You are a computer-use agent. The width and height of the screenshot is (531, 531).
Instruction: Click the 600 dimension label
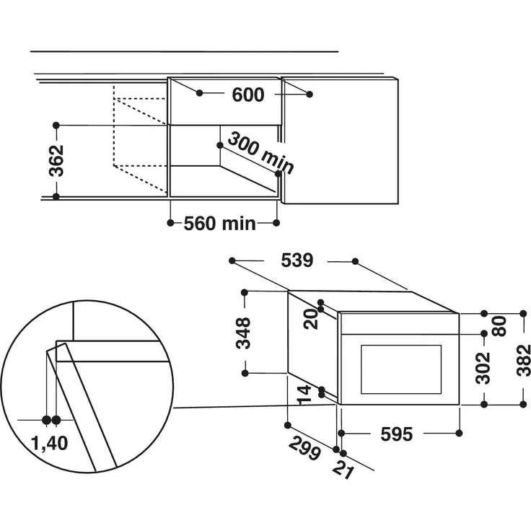click(247, 95)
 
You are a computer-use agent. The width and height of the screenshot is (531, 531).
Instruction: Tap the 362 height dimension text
click(57, 160)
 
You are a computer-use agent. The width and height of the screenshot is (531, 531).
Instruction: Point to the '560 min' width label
click(219, 224)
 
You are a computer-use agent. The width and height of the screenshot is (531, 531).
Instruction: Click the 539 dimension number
click(297, 260)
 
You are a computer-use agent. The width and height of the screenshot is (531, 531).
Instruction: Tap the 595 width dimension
click(396, 434)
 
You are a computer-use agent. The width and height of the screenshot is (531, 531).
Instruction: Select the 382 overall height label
click(524, 359)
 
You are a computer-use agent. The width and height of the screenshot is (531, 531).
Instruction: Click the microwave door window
click(400, 369)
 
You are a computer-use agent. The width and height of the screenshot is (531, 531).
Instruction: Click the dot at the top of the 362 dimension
click(56, 125)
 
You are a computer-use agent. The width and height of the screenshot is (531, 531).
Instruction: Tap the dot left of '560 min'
click(170, 224)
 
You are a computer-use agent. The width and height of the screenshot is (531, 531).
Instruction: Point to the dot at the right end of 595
click(460, 434)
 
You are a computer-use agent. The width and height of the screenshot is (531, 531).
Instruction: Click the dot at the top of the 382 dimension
click(523, 314)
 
